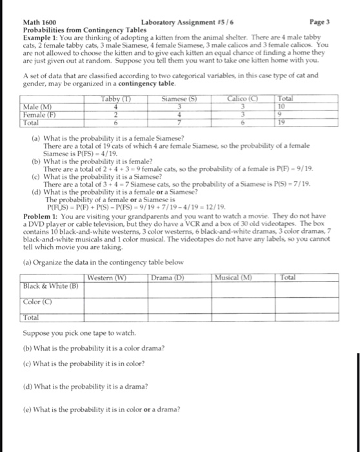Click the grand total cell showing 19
274,121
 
